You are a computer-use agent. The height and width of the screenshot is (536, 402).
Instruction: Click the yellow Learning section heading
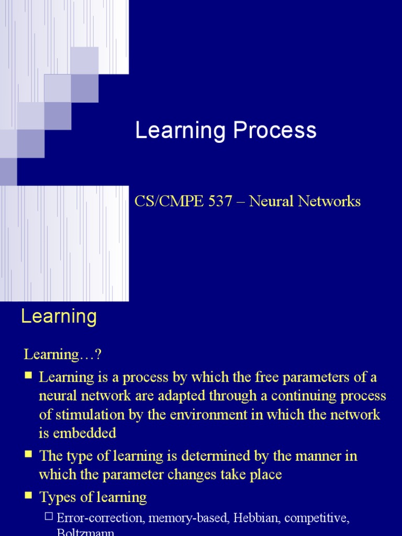[59, 317]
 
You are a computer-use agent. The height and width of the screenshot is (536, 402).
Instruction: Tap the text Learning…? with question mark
[62, 354]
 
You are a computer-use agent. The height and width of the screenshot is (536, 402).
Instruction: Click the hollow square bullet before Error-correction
[49, 517]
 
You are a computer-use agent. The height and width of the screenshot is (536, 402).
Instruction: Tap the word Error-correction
[100, 518]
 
